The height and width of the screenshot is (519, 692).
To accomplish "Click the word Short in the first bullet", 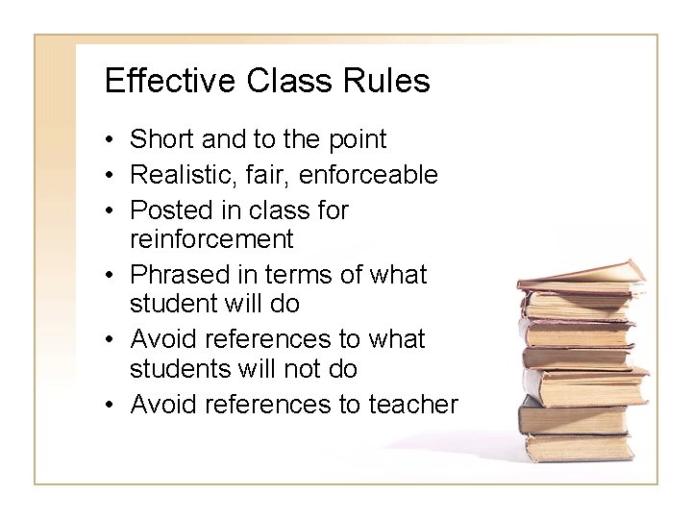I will (x=160, y=140).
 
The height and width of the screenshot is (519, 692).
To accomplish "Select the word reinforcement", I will (x=210, y=236).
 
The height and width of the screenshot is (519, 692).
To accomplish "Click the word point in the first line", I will (x=355, y=140).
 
